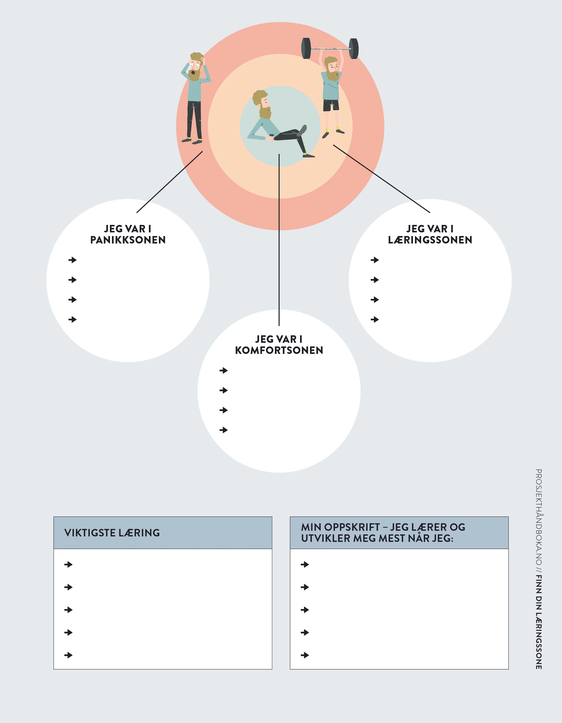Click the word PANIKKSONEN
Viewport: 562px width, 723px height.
pos(128,240)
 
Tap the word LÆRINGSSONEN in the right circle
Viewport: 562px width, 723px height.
pos(430,240)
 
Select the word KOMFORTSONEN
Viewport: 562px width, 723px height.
pos(279,350)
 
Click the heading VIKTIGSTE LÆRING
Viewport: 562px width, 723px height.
pos(112,533)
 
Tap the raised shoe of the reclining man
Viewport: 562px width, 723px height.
pos(302,130)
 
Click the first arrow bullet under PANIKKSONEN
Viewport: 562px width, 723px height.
pos(73,260)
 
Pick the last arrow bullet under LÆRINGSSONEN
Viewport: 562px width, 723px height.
pos(375,319)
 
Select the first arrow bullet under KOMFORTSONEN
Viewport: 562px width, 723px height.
pos(224,370)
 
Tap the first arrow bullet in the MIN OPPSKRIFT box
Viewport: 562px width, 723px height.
pos(305,565)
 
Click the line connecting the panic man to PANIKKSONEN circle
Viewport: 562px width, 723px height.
pos(170,182)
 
